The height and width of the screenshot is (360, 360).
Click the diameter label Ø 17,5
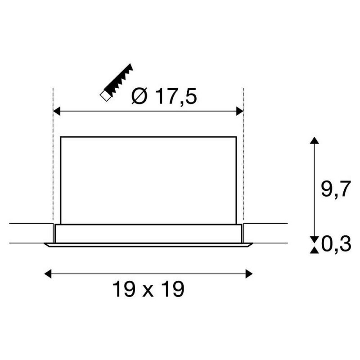point(164,96)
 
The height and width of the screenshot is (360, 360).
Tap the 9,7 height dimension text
point(336,189)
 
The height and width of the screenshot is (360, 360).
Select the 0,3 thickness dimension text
point(336,244)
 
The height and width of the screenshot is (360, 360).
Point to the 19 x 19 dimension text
point(148,289)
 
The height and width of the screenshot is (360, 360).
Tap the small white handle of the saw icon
point(105,96)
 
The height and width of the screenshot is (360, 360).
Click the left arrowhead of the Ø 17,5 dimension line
point(57,111)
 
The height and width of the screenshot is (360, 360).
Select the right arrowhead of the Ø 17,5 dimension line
point(240,111)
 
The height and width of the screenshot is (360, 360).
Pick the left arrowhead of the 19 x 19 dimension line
point(48,274)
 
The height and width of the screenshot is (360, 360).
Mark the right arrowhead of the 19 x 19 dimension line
point(249,274)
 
